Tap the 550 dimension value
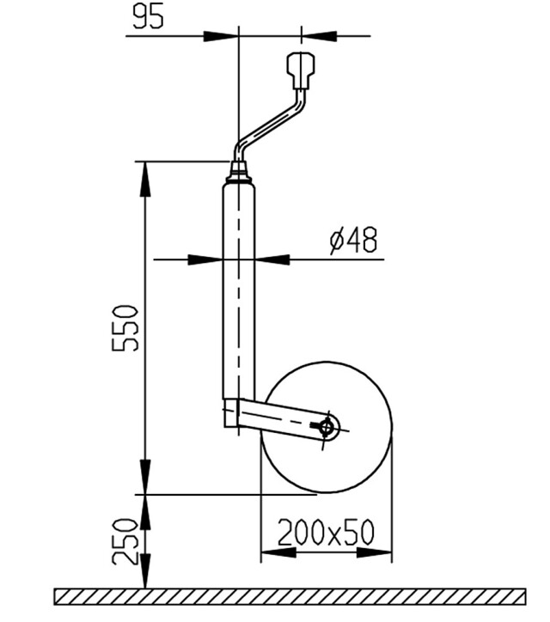coord(125,328)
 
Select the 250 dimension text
coord(125,541)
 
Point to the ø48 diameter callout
coord(353,241)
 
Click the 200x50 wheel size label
coord(326,533)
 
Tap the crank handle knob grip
coord(301,70)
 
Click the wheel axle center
coord(327,428)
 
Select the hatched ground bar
coord(290,596)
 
